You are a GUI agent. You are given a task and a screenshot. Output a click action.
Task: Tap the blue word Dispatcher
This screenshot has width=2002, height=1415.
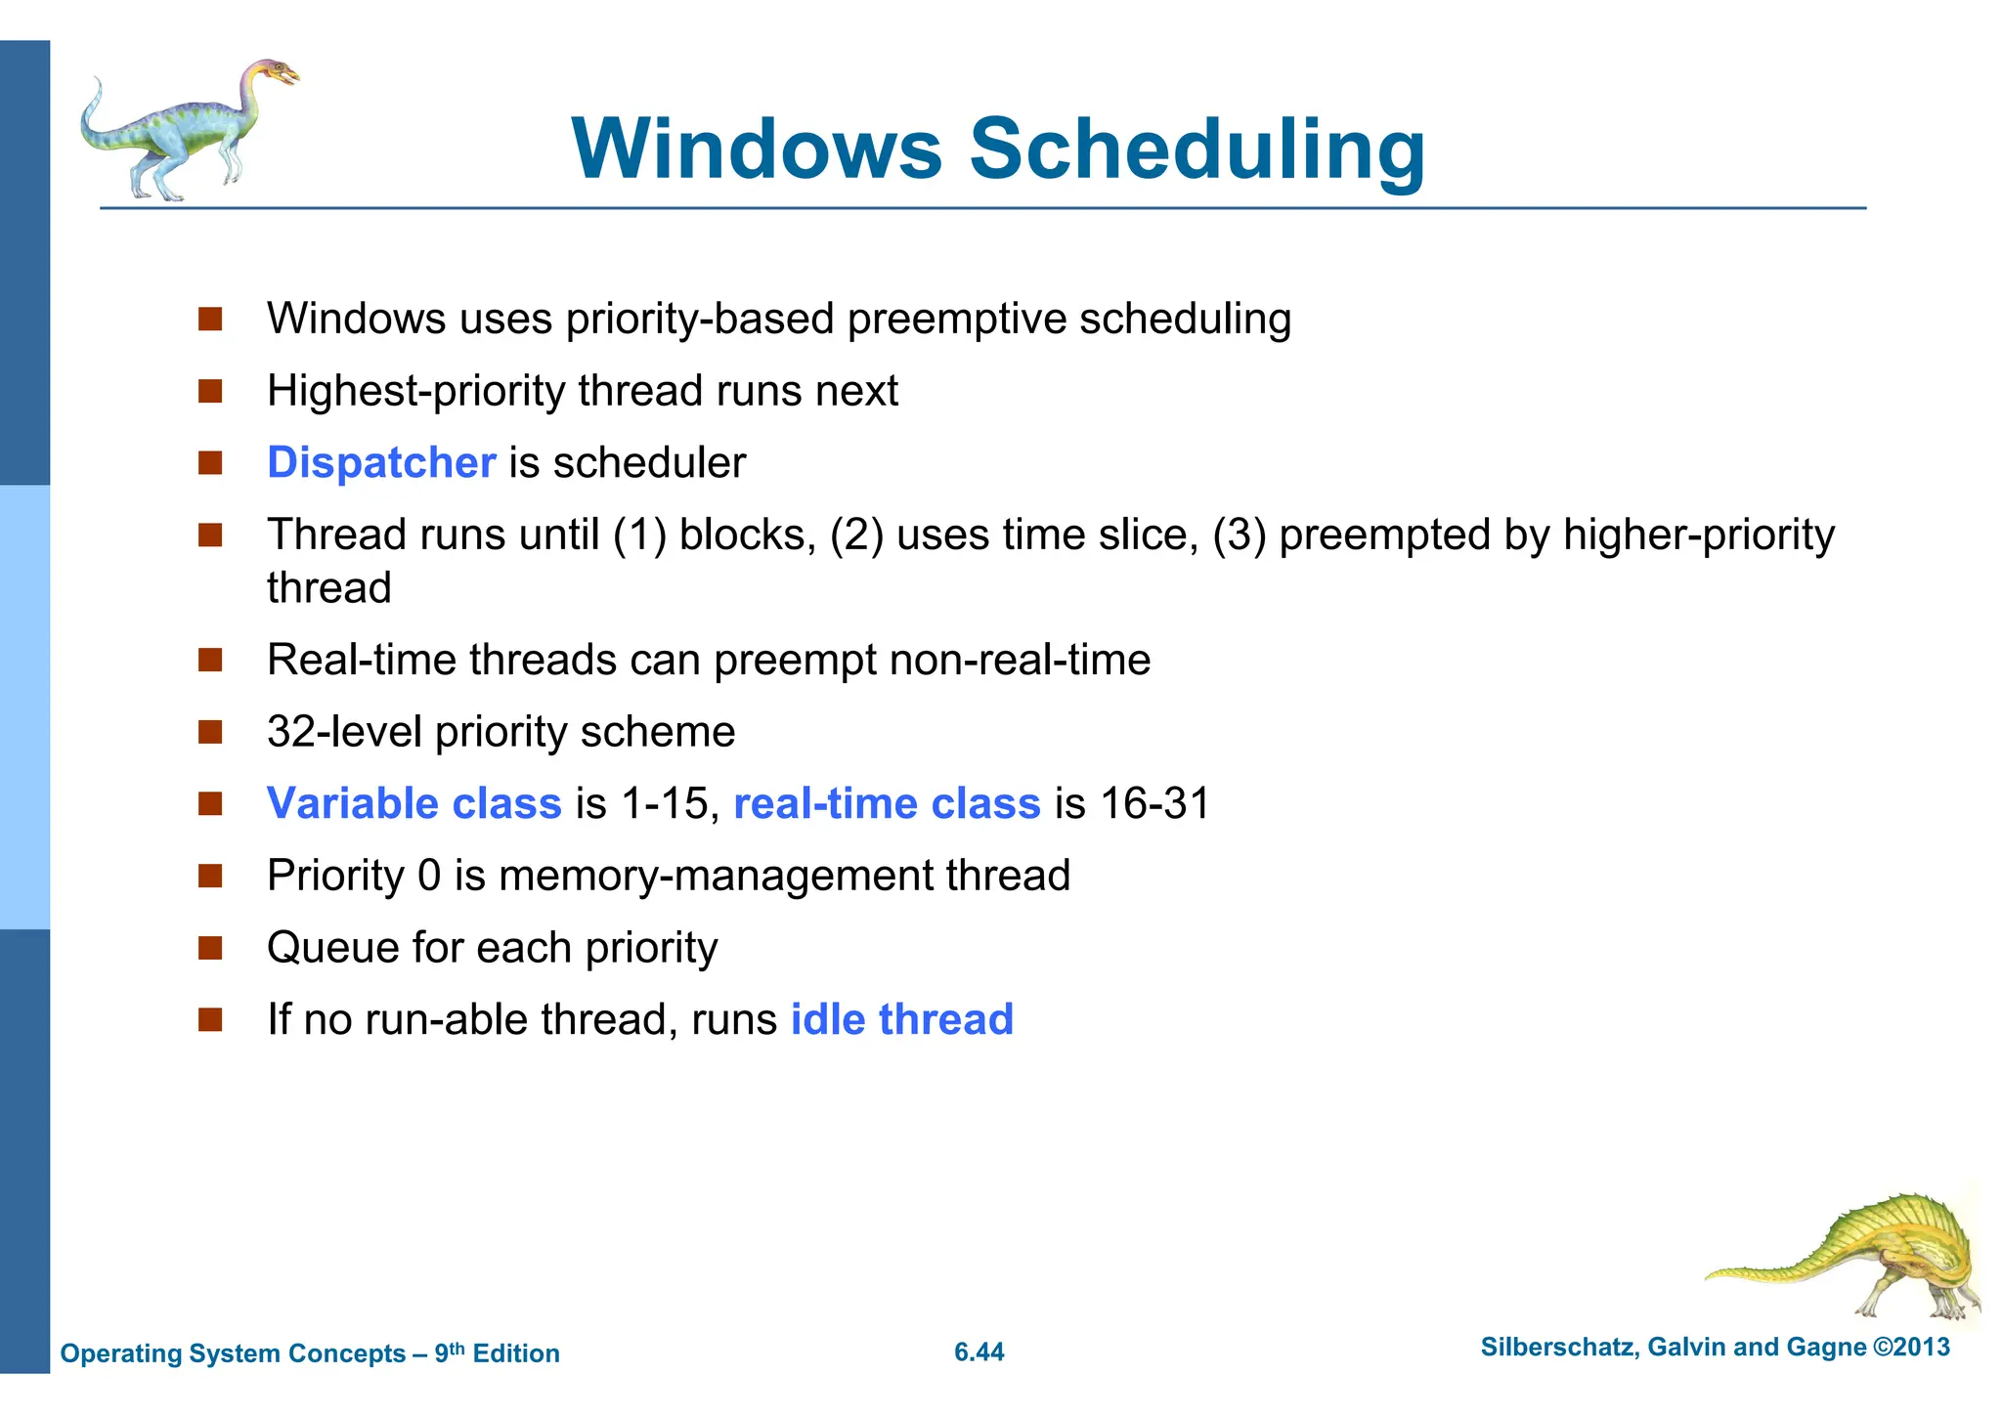(x=381, y=462)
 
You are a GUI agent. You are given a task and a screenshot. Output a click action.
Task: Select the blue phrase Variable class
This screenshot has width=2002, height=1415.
(x=414, y=803)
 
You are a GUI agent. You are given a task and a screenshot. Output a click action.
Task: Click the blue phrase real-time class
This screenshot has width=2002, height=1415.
(x=887, y=803)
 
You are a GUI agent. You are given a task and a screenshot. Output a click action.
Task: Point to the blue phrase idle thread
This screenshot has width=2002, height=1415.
(x=901, y=1019)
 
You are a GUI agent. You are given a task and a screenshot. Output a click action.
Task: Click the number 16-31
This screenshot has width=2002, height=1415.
(x=1154, y=803)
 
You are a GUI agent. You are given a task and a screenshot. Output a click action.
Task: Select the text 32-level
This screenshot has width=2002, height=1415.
(x=344, y=732)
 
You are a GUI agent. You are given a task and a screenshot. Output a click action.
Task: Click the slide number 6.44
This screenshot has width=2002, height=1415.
(x=979, y=1352)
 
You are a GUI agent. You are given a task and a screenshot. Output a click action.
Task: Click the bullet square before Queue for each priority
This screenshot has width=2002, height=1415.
(x=210, y=948)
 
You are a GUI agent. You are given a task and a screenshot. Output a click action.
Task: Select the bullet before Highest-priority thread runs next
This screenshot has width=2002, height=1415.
(x=210, y=392)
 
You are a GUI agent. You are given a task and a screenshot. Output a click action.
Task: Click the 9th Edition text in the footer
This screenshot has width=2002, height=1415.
(x=497, y=1353)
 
